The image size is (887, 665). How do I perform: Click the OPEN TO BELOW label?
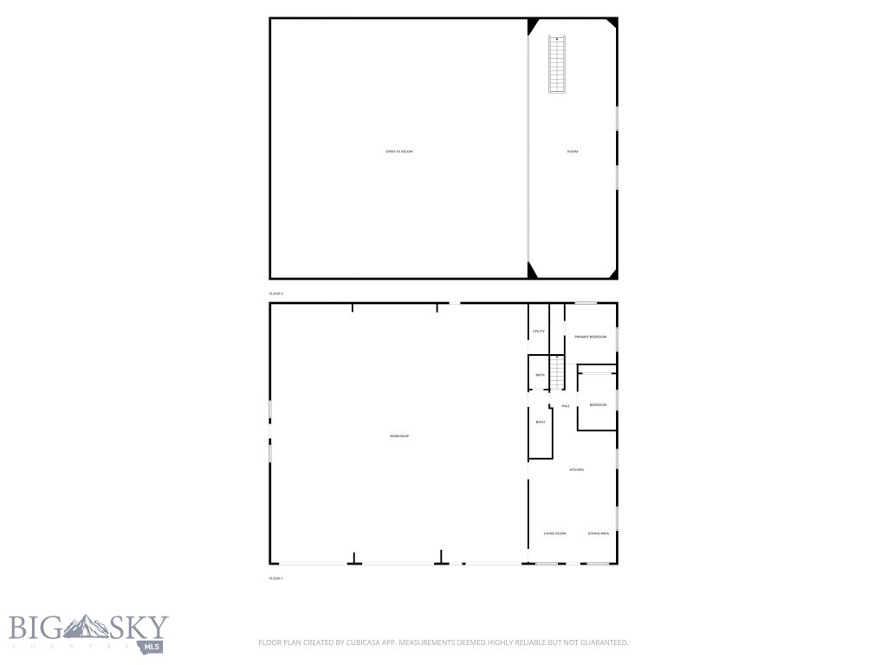pyautogui.click(x=399, y=152)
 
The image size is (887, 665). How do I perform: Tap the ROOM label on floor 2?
pyautogui.click(x=573, y=152)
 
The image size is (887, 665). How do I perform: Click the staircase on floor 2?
pyautogui.click(x=556, y=65)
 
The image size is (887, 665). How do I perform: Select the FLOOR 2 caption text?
pyautogui.click(x=276, y=294)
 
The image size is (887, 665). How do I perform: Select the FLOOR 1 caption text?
pyautogui.click(x=276, y=578)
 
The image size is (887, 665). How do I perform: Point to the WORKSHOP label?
pyautogui.click(x=398, y=436)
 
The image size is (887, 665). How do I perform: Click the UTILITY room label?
pyautogui.click(x=539, y=332)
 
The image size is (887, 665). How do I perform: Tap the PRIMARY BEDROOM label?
pyautogui.click(x=590, y=337)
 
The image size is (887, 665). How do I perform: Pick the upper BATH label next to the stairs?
pyautogui.click(x=540, y=375)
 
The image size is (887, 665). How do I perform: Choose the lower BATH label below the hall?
pyautogui.click(x=540, y=422)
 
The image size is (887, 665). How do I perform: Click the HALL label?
pyautogui.click(x=566, y=405)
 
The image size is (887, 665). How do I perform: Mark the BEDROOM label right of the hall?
pyautogui.click(x=598, y=405)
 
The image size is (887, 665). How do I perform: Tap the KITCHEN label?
pyautogui.click(x=576, y=469)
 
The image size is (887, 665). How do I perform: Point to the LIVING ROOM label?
pyautogui.click(x=554, y=533)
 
